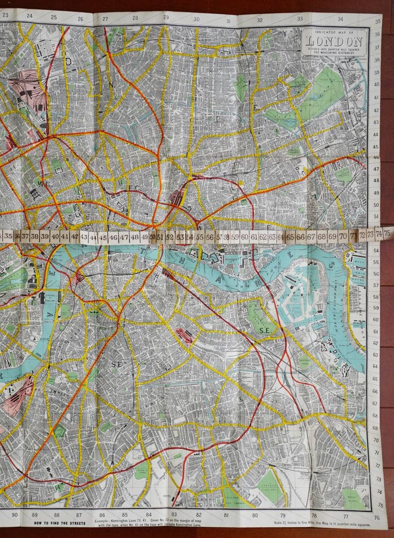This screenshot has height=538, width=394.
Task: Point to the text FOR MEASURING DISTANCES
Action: tap(334, 53)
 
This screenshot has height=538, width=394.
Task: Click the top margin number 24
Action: tap(30, 16)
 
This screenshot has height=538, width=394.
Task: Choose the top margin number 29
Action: tap(165, 17)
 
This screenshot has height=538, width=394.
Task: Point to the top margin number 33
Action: tap(300, 18)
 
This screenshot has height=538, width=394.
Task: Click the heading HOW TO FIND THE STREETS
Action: tap(60, 523)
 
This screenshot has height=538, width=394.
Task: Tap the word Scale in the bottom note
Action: tap(278, 523)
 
